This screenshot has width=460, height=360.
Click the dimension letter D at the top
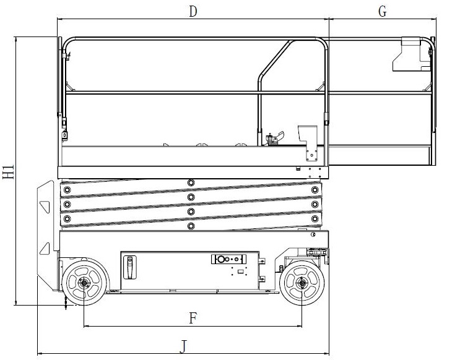(x=193, y=11)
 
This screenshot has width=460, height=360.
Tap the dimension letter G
(x=382, y=11)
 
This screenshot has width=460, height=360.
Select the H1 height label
(x=8, y=173)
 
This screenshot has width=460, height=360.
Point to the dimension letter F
(x=193, y=318)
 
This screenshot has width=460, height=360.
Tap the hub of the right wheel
(x=302, y=284)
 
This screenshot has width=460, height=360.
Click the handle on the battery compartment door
(x=130, y=267)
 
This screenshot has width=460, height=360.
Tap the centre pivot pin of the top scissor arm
(x=191, y=182)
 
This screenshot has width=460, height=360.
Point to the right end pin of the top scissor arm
(x=315, y=189)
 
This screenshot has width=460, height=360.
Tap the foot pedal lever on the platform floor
(x=272, y=137)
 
